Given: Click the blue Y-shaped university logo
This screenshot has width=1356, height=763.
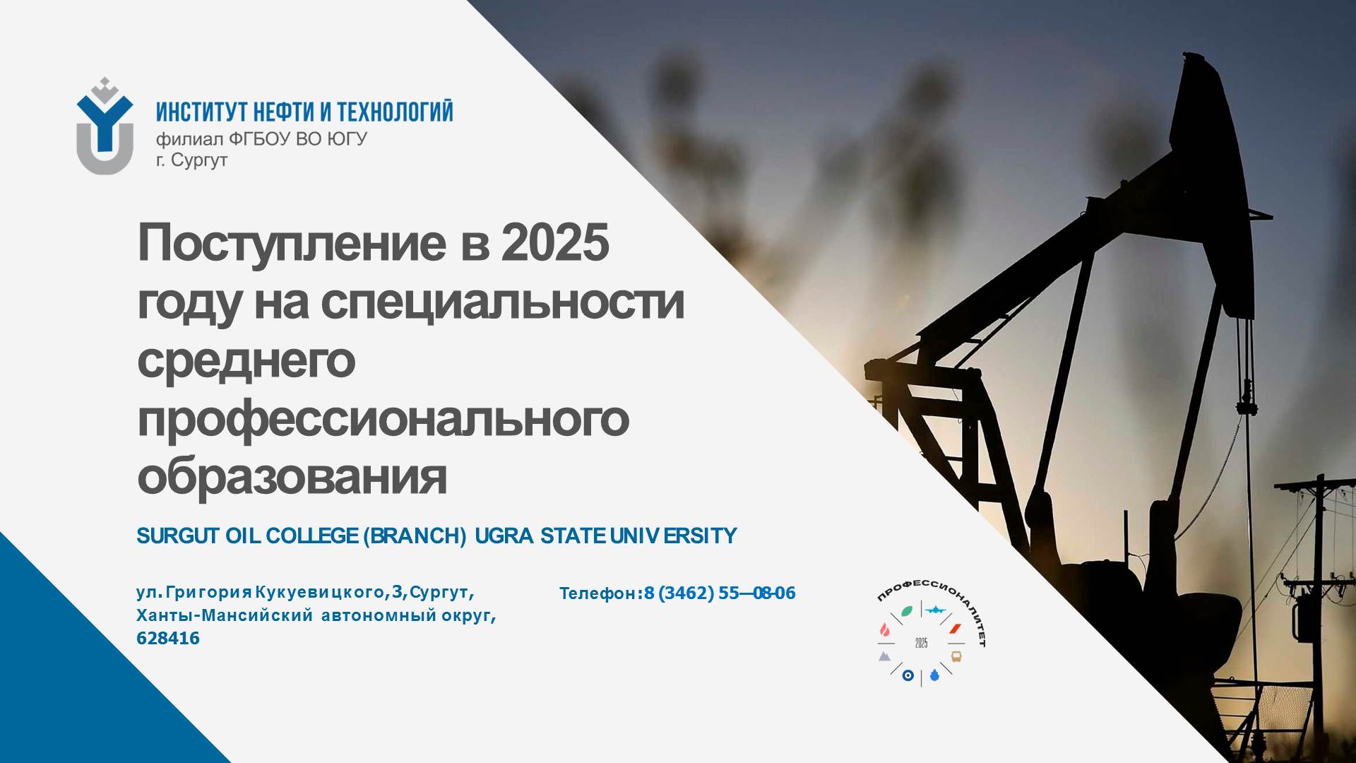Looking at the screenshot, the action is (x=105, y=126).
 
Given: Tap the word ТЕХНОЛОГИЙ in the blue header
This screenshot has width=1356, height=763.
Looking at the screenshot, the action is (x=395, y=112).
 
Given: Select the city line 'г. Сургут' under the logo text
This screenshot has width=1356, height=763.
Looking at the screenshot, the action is (x=191, y=160).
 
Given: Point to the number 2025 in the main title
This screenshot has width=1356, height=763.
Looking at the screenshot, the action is (x=555, y=242).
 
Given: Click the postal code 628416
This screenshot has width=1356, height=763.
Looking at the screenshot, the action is (x=168, y=639).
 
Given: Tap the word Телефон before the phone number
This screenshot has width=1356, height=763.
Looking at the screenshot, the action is (x=598, y=593).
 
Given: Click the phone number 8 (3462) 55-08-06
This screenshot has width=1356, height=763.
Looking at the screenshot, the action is (x=720, y=593).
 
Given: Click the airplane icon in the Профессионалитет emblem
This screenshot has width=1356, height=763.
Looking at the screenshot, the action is (x=935, y=610).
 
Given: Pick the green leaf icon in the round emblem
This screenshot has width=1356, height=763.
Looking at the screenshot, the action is (x=906, y=611).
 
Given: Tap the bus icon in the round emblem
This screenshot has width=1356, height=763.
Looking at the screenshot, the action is (x=956, y=656).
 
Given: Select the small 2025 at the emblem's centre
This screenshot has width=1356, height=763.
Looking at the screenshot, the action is (x=921, y=643).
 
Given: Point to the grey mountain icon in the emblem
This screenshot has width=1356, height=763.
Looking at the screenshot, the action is (x=884, y=656).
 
